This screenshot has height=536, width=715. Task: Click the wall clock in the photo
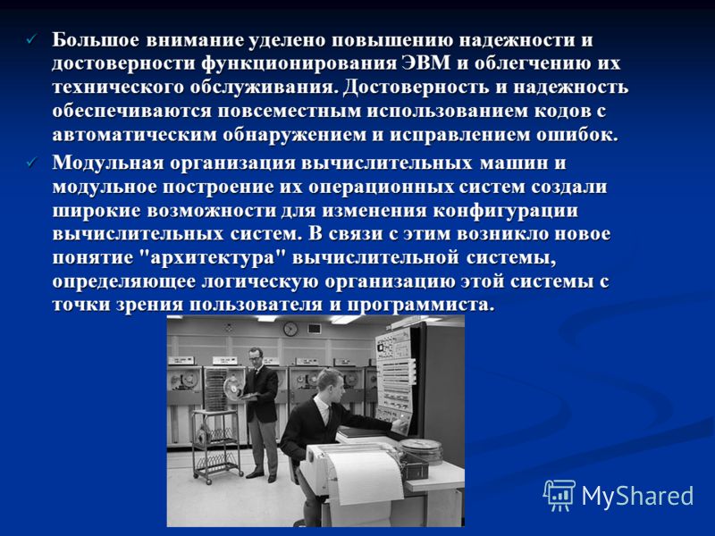(290, 329)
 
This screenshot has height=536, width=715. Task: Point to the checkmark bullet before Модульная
(31, 163)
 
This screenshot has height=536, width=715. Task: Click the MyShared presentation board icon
(559, 495)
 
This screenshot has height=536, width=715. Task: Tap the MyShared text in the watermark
(637, 496)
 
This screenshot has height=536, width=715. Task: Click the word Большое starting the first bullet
(96, 40)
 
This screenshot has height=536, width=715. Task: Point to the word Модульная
(107, 163)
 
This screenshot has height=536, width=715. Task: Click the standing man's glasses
(256, 358)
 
